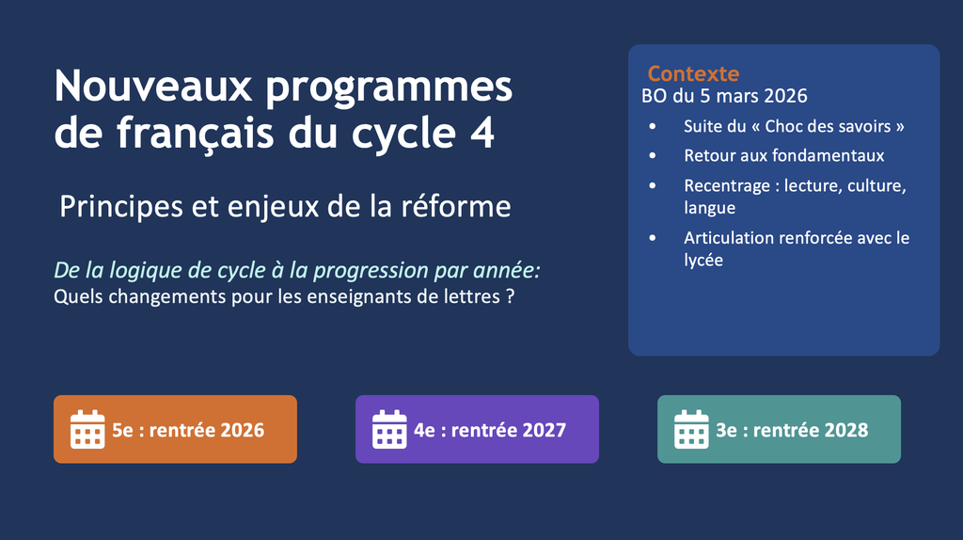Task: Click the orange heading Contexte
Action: (693, 73)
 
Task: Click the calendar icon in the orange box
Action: (87, 429)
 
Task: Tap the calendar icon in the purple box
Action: (389, 429)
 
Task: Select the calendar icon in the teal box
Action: (691, 429)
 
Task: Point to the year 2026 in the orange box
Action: (242, 430)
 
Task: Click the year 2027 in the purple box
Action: (545, 430)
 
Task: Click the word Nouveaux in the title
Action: (153, 86)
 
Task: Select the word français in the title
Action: (196, 134)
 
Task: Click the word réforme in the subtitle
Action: (456, 206)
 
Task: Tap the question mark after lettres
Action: (510, 296)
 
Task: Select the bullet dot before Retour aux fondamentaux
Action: (653, 156)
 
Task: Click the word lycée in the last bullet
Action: (703, 261)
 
